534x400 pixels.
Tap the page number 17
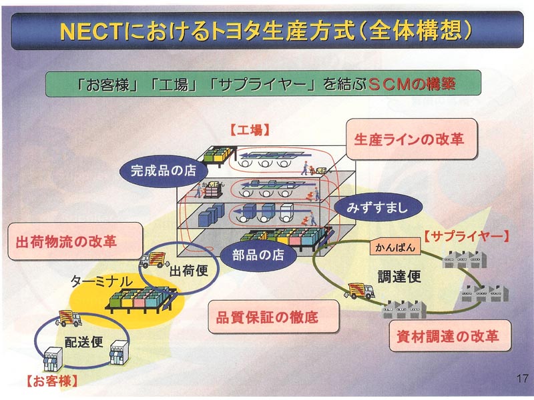(521, 379)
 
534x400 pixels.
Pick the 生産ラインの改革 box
(412, 139)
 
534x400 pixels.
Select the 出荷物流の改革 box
(75, 241)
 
